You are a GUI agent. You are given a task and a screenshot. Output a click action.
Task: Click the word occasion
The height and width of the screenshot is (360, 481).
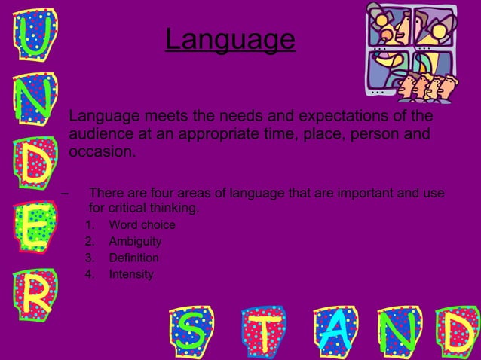pyautogui.click(x=102, y=152)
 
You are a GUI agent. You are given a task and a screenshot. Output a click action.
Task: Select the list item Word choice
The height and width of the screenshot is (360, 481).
pyautogui.click(x=142, y=225)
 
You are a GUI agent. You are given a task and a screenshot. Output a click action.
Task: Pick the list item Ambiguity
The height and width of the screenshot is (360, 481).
pyautogui.click(x=135, y=242)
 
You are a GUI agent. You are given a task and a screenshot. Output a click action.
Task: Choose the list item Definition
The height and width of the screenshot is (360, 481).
pyautogui.click(x=133, y=258)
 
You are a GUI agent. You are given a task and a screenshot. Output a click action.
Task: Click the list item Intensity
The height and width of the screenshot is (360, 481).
pyautogui.click(x=131, y=275)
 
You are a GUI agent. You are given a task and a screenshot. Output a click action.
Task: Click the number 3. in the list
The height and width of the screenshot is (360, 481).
pyautogui.click(x=90, y=258)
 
